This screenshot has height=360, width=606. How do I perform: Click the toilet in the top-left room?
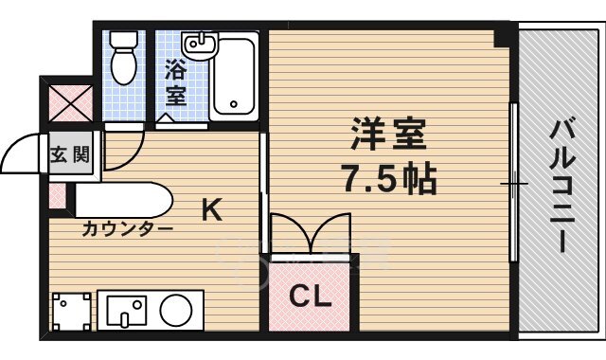coord(123,59)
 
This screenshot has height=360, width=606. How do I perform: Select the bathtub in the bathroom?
coord(233,76)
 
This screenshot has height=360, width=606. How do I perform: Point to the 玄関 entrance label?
coord(70,153)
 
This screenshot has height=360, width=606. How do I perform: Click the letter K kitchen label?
coord(211,210)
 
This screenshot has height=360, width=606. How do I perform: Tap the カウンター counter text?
coord(126,228)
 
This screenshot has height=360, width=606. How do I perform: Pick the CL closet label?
coord(311,297)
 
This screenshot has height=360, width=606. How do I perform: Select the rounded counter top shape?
coord(124,201)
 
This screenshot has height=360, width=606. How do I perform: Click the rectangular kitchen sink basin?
coord(128,309)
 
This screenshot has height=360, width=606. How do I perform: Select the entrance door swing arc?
coord(24,152)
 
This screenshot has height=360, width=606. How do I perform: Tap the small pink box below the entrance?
coord(57,195)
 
